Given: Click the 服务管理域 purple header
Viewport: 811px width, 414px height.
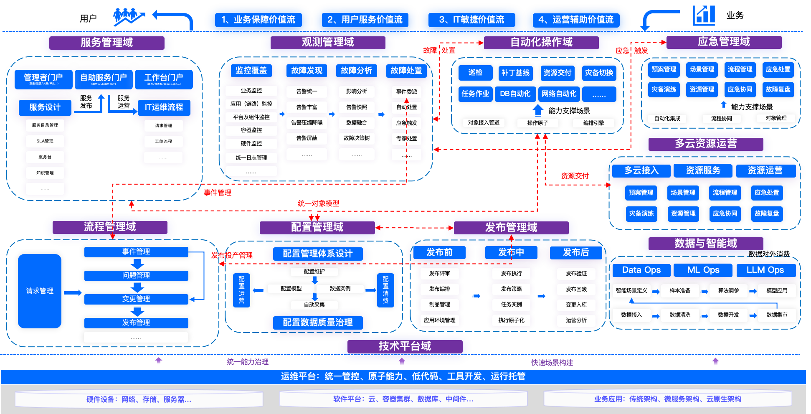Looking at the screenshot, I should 106,43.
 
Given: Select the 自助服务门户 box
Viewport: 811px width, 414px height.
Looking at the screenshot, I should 104,79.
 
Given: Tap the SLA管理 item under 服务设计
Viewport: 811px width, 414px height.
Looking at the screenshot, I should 45,141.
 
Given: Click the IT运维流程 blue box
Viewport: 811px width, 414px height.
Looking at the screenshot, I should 164,107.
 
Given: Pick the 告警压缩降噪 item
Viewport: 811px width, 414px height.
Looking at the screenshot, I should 307,123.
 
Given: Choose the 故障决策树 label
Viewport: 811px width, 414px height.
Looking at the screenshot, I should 357,138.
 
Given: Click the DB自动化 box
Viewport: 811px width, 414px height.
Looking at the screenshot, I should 515,94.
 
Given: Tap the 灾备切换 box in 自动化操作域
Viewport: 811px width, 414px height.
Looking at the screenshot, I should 599,73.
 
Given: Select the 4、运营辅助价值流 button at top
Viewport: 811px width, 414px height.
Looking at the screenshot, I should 576,20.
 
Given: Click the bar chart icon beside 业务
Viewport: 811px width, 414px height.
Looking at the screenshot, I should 704,15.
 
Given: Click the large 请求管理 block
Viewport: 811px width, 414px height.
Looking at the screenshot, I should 40,291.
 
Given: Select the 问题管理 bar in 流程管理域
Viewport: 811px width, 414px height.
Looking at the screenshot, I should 136,276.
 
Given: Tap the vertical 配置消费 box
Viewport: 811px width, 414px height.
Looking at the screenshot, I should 385,290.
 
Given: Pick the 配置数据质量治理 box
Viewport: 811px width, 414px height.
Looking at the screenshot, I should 318,323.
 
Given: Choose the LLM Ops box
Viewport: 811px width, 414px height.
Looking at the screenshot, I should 765,270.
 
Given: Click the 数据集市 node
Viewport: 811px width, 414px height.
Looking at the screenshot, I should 777,315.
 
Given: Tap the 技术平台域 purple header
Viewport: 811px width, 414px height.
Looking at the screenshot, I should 405,346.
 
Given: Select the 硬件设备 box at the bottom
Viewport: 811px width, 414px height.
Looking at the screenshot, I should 139,399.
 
